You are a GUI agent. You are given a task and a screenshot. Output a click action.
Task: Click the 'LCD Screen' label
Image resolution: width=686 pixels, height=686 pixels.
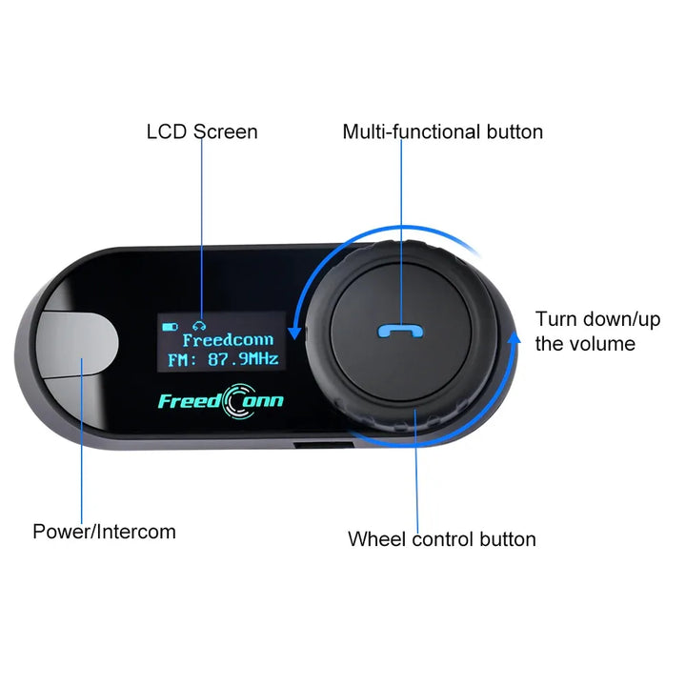click(x=202, y=131)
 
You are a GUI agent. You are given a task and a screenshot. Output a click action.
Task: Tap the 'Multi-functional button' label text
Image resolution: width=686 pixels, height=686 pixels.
click(x=442, y=131)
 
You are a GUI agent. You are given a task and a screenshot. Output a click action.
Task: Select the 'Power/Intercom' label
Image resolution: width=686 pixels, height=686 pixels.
click(x=104, y=532)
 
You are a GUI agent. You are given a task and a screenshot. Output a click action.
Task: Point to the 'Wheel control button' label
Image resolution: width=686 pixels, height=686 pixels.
click(x=441, y=539)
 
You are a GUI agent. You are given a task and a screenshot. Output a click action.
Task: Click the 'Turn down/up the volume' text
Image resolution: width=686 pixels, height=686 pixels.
click(x=597, y=332)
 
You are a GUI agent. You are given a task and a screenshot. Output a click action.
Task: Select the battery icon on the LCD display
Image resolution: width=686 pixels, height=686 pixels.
click(x=169, y=326)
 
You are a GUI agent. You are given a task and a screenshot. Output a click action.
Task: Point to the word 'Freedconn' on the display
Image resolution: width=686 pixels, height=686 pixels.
click(x=228, y=340)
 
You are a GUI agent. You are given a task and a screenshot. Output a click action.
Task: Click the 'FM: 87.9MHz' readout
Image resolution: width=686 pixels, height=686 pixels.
click(x=223, y=360)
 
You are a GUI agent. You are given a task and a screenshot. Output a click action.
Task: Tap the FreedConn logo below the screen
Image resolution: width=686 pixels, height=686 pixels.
click(x=220, y=401)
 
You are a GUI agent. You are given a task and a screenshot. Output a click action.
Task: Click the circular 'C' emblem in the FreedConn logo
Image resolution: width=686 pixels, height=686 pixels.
click(x=237, y=401)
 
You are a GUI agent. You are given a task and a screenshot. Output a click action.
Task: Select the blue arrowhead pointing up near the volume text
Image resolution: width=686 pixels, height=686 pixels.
click(x=516, y=335)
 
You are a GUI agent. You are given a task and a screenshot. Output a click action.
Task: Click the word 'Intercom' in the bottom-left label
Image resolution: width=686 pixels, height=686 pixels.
click(x=138, y=532)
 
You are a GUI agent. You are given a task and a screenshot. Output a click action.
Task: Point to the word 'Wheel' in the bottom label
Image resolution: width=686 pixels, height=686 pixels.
click(x=374, y=539)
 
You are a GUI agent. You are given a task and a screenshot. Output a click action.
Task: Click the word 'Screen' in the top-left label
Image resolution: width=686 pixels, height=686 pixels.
click(x=226, y=131)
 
